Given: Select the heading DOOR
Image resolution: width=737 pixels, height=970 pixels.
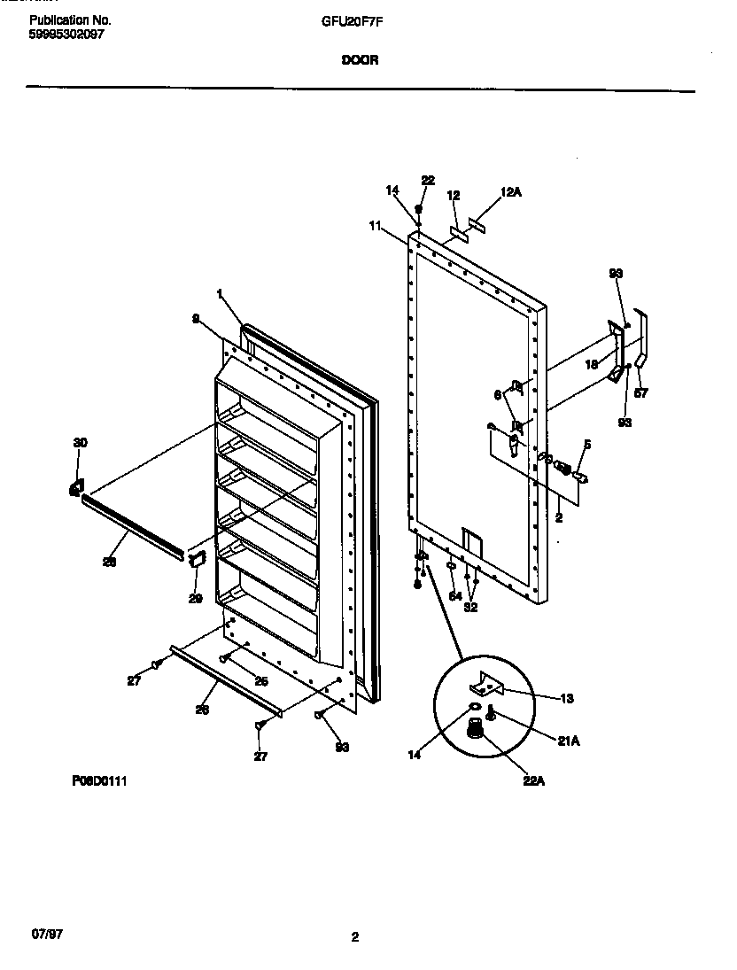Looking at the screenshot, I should pyautogui.click(x=356, y=62).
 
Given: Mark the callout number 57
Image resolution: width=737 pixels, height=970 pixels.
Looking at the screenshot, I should pyautogui.click(x=640, y=393).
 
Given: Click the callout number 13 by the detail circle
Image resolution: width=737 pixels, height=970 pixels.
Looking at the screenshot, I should pyautogui.click(x=566, y=699).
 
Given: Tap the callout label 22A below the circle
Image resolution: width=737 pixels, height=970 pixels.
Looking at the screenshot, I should pyautogui.click(x=532, y=781).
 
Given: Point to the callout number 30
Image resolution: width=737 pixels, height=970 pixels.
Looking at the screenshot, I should pyautogui.click(x=80, y=442).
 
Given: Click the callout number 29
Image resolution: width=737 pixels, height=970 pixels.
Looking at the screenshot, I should pyautogui.click(x=195, y=598).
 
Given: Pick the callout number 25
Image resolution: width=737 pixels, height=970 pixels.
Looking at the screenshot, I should pyautogui.click(x=260, y=680).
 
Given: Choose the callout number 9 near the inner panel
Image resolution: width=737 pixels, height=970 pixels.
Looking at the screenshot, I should pyautogui.click(x=196, y=318).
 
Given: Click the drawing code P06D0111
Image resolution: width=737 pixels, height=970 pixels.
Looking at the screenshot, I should pyautogui.click(x=101, y=781).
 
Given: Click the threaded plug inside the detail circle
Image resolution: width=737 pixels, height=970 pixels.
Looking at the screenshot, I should pyautogui.click(x=475, y=729).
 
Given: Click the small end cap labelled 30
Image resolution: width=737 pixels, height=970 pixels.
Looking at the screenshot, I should pyautogui.click(x=76, y=487).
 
